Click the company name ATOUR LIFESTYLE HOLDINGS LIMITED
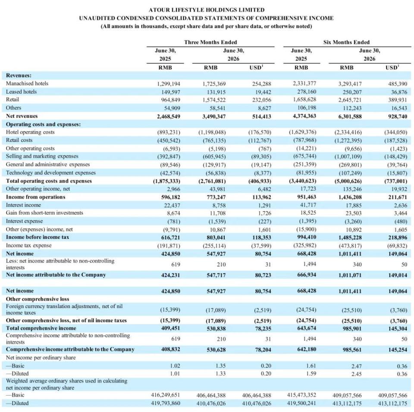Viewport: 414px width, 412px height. click(x=207, y=10)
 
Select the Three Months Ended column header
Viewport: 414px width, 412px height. click(x=210, y=42)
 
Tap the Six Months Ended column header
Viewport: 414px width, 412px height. click(x=346, y=42)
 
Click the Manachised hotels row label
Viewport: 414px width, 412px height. click(x=27, y=83)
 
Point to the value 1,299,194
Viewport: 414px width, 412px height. click(x=169, y=84)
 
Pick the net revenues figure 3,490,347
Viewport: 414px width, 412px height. click(x=214, y=116)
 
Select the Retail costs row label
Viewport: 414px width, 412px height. click(x=19, y=140)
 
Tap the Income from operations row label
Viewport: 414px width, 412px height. click(x=35, y=197)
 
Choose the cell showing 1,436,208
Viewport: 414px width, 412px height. click(x=350, y=197)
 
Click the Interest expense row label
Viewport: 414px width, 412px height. click(x=24, y=221)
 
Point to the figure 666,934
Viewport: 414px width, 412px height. click(x=307, y=275)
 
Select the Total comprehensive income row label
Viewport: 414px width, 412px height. click(x=41, y=328)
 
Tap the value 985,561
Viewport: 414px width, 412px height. click(x=352, y=350)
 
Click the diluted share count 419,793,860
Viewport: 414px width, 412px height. click(x=165, y=403)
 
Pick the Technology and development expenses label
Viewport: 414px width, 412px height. click(x=51, y=173)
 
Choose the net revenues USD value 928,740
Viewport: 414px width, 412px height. click(x=398, y=116)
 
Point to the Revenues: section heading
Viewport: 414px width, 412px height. click(x=19, y=75)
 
